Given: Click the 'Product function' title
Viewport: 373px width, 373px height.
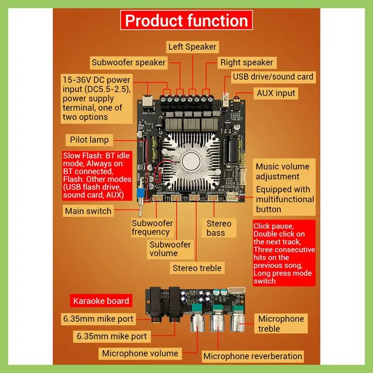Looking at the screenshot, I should click(x=186, y=21).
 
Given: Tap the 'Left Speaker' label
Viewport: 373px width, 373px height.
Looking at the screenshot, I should click(x=192, y=47).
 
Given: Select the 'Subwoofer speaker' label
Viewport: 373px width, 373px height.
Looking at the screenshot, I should click(x=128, y=62).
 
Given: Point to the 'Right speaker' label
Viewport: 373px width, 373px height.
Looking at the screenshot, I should click(x=247, y=62).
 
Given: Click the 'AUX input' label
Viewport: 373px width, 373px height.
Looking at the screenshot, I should click(x=276, y=93).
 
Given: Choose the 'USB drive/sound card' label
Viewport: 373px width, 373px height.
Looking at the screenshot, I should click(x=273, y=76).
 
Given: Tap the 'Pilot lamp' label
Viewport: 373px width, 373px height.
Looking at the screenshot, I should click(x=89, y=139).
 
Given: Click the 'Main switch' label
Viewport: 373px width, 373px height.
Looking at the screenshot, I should click(x=88, y=211).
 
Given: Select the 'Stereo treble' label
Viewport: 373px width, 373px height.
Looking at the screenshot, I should click(x=197, y=268).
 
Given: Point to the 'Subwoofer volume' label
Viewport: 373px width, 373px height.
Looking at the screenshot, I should click(x=170, y=249).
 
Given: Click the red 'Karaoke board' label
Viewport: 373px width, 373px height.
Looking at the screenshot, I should click(x=101, y=300).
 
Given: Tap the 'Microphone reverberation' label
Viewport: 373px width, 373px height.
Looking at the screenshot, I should click(x=253, y=356).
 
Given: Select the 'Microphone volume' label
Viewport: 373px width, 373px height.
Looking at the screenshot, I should click(x=140, y=353).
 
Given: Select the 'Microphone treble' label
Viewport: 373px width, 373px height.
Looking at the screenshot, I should click(x=281, y=324).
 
